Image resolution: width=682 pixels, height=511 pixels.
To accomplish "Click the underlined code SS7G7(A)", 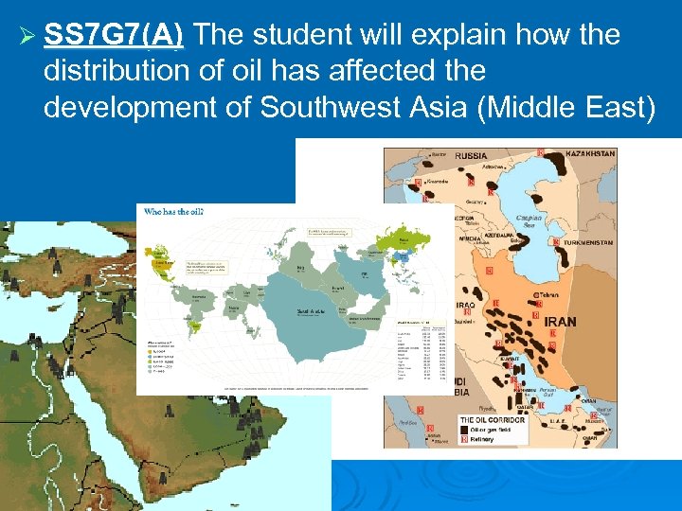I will click(x=114, y=36).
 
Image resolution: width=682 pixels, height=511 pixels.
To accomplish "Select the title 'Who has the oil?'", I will click(x=173, y=212).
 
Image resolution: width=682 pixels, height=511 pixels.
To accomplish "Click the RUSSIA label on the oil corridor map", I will click(x=471, y=156).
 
